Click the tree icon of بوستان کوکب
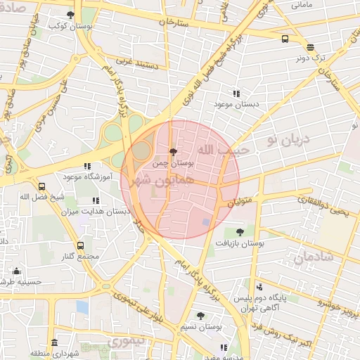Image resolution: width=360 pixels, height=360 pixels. point(70,14)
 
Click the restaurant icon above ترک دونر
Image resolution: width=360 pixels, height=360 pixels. point(310,48)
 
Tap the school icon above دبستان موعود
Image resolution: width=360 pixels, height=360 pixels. point(236,94)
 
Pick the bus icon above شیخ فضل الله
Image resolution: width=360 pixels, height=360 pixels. point(42,187)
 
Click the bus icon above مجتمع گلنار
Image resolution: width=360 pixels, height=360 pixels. point(80,245)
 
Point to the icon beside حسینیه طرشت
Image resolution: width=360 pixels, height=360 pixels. point(17,271)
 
